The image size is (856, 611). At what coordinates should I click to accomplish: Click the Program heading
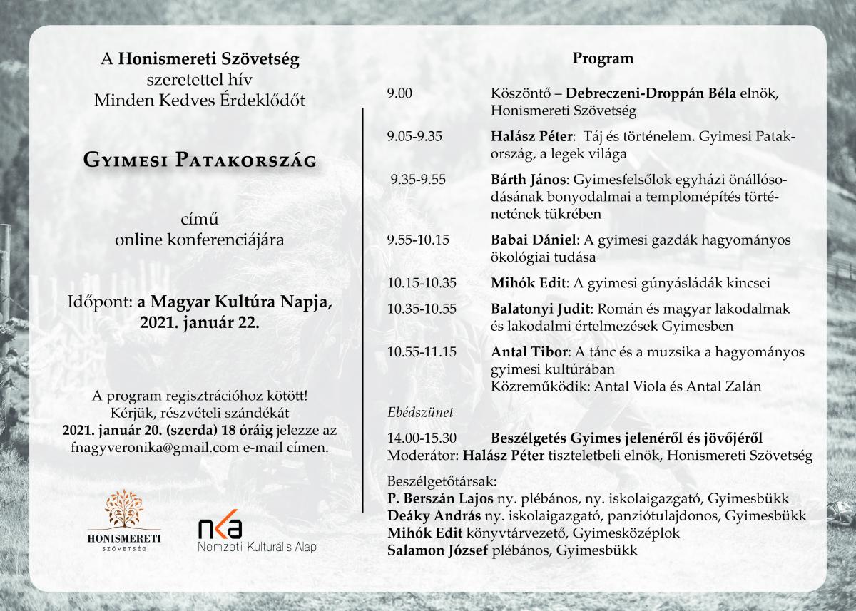[603, 58]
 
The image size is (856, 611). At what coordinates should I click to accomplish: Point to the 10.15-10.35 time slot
[422, 282]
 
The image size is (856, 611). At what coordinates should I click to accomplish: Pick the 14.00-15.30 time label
[422, 438]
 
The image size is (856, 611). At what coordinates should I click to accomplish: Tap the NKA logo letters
[220, 528]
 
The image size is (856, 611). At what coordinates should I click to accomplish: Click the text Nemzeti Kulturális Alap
[257, 547]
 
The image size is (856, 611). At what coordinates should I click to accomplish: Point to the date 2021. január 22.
[200, 322]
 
